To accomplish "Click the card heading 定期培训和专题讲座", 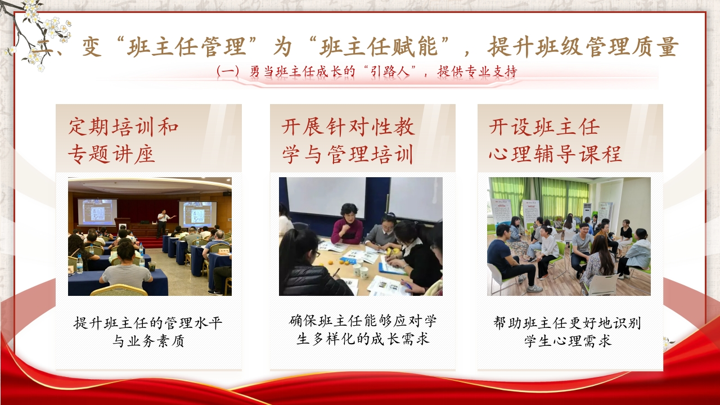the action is pos(123,141).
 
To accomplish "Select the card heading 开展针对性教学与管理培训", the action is pos(348,141).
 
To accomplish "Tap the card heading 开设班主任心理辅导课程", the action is pos(555,141).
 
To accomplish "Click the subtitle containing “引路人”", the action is pos(367,71).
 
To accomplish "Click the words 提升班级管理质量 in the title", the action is pos(583,47).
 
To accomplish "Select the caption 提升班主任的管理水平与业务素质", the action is pos(148,332).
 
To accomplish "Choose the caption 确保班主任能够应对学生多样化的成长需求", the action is pos(363,330).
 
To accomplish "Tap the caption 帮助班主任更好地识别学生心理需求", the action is pos(568,332).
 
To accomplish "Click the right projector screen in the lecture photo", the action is pos(197,214).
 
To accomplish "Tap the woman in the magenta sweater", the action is pos(346,224).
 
